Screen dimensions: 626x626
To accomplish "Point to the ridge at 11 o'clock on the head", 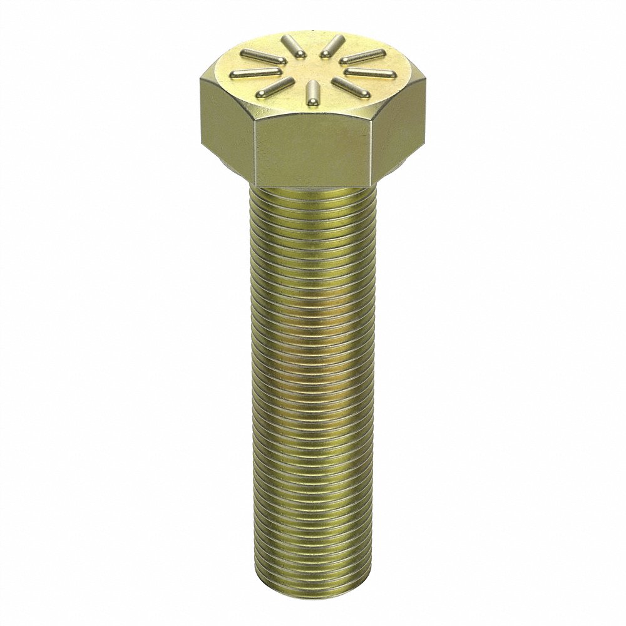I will click(x=291, y=44).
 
